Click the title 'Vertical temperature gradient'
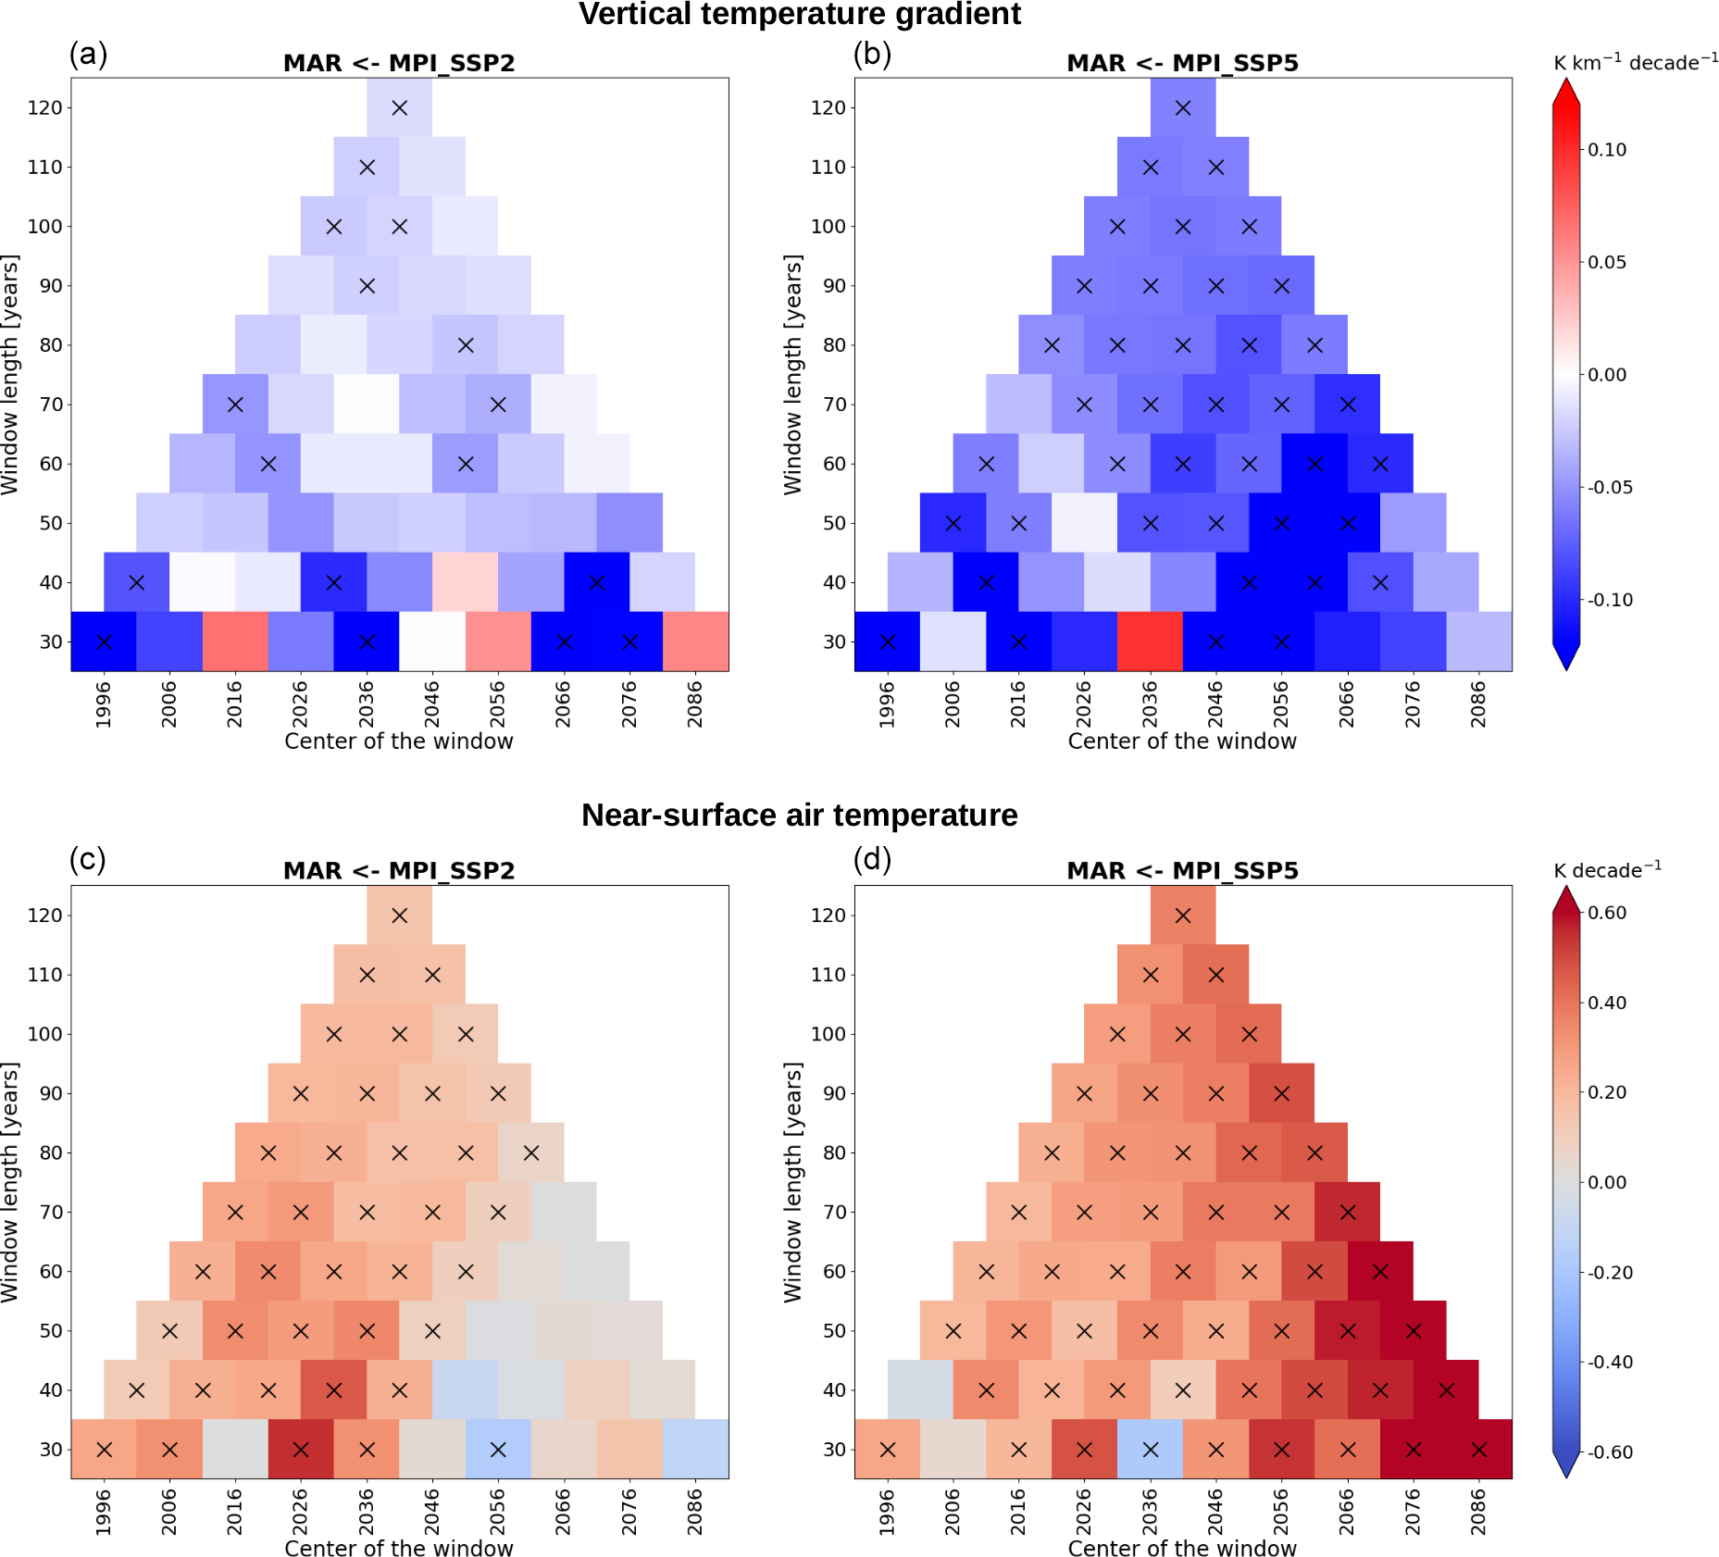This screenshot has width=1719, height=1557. [x=799, y=14]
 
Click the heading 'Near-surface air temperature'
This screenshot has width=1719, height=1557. [x=799, y=815]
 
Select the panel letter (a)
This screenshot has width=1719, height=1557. [x=88, y=55]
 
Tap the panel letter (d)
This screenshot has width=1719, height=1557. [x=872, y=860]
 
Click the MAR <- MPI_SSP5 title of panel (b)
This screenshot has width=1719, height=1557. [x=1182, y=63]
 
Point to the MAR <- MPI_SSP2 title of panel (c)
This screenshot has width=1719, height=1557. [x=399, y=871]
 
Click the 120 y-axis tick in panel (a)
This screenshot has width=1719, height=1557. [x=44, y=107]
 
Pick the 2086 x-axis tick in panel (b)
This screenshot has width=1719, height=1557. [x=1478, y=704]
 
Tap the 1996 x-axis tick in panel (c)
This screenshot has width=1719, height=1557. [x=104, y=1512]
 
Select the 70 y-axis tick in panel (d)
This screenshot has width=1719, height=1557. [x=834, y=1212]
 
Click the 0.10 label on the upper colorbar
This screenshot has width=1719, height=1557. [x=1607, y=150]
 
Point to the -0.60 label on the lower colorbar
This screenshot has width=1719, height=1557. [x=1610, y=1452]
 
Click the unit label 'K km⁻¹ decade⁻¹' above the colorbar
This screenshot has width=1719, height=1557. [x=1635, y=63]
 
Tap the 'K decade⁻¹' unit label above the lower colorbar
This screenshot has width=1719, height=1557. [x=1607, y=870]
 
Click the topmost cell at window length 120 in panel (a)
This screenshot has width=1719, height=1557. [x=399, y=107]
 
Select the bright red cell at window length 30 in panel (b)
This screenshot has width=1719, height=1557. [x=1150, y=641]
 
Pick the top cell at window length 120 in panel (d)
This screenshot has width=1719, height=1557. [x=1182, y=915]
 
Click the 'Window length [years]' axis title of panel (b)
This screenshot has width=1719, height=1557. [x=792, y=374]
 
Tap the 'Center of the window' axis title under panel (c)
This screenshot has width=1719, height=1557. [x=399, y=1549]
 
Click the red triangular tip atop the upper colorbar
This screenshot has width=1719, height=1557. [x=1565, y=91]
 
